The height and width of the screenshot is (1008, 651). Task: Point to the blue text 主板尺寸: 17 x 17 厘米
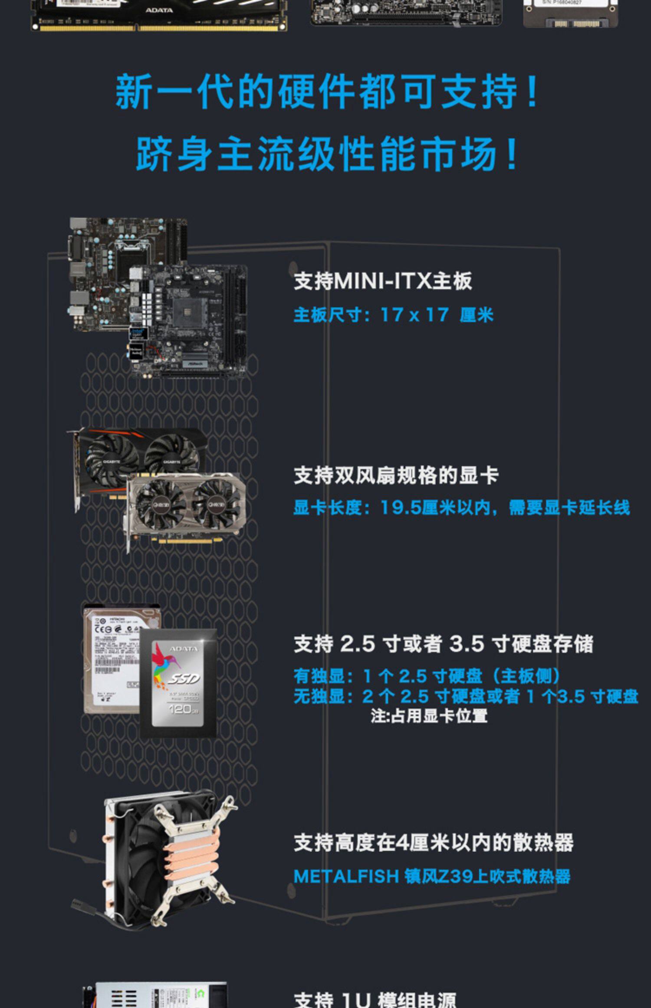[x=393, y=315]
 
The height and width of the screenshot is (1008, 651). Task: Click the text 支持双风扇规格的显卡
[x=396, y=476]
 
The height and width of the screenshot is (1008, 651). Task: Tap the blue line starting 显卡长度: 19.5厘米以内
[x=461, y=507]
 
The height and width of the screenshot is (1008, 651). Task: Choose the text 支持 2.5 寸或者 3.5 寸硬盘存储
[x=443, y=644]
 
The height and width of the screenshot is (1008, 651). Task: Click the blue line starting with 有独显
[x=427, y=676]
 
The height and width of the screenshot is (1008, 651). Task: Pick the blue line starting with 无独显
[x=466, y=696]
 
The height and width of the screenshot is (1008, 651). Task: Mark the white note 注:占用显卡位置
[x=429, y=716]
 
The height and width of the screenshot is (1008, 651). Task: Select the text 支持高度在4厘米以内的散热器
[x=434, y=843]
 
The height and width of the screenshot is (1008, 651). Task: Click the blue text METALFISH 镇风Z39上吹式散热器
[x=432, y=876]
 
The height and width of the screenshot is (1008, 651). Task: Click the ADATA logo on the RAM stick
[x=159, y=10]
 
